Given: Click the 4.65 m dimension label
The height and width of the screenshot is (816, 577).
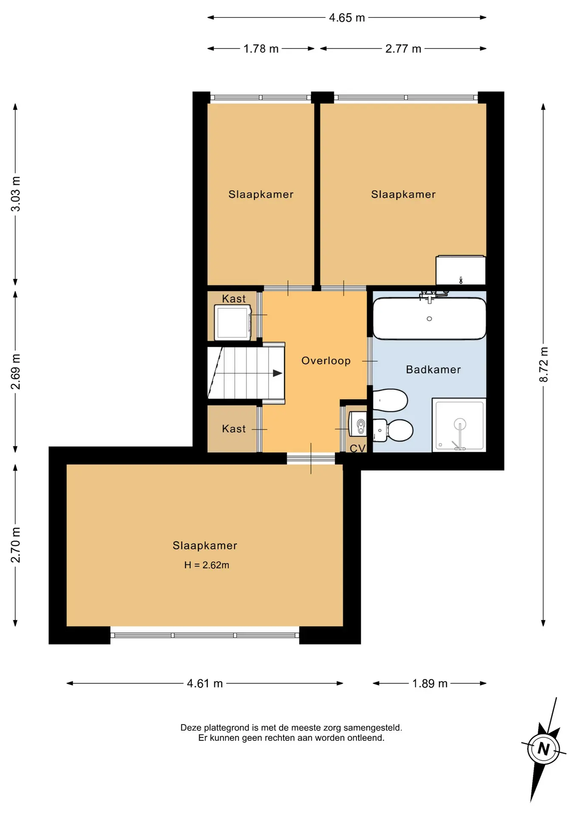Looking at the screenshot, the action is (x=347, y=18).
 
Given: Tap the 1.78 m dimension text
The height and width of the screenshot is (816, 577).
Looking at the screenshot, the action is (x=261, y=49).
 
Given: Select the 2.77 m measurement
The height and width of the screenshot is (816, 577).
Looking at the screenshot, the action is (x=403, y=49).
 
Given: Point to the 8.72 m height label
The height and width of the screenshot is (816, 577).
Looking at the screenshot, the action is (x=544, y=364).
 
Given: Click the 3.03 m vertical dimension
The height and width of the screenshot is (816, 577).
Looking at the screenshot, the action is (x=15, y=194).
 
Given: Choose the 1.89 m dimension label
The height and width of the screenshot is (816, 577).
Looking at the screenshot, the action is (x=430, y=683).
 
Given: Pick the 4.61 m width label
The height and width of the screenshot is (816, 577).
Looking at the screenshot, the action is (x=205, y=683).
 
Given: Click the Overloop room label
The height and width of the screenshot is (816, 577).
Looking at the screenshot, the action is (x=326, y=361).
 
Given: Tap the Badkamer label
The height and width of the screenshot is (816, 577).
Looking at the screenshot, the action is (x=433, y=370).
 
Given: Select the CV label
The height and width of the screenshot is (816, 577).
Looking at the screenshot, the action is (x=357, y=448).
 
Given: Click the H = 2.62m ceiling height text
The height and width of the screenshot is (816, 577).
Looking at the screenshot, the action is (x=207, y=565).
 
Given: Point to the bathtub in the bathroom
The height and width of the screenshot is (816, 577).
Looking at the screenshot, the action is (x=429, y=318).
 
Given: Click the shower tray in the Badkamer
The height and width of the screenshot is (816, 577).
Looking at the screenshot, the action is (x=459, y=425).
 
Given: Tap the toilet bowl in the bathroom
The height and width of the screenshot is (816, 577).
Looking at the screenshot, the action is (x=393, y=430).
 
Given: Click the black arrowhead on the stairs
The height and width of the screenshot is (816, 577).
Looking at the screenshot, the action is (x=277, y=373).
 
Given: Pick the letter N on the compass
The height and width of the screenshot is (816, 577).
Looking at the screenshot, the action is (x=543, y=748).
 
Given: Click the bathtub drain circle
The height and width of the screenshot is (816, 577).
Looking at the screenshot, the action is (x=429, y=319).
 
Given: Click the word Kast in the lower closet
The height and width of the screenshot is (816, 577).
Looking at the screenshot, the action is (x=234, y=429).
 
